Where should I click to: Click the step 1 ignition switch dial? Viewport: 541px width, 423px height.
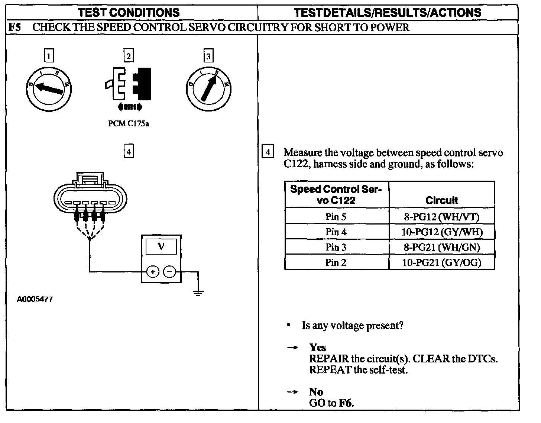tap(49, 88)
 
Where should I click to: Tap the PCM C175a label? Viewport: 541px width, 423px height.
tap(129, 124)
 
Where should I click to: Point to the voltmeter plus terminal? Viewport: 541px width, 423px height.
tap(152, 272)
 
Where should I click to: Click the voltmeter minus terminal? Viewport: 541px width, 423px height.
tap(170, 272)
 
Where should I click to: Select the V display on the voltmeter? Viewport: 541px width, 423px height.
tap(161, 246)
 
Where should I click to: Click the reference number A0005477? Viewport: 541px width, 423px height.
tap(35, 299)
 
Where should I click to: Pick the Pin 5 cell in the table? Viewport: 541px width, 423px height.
tap(336, 216)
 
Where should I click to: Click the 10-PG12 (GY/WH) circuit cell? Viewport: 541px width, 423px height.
tap(442, 232)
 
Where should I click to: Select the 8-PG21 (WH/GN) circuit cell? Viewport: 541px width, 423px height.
tap(442, 247)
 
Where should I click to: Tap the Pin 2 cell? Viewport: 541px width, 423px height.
tap(336, 262)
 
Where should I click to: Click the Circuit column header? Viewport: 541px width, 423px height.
tap(442, 200)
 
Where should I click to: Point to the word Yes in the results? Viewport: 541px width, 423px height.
tap(317, 348)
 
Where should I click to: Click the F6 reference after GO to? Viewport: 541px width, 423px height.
tap(346, 403)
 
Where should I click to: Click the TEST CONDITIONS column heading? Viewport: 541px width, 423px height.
tap(129, 13)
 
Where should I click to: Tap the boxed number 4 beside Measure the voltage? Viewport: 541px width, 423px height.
tap(268, 152)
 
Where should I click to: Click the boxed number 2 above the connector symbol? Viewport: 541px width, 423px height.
tap(129, 56)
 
